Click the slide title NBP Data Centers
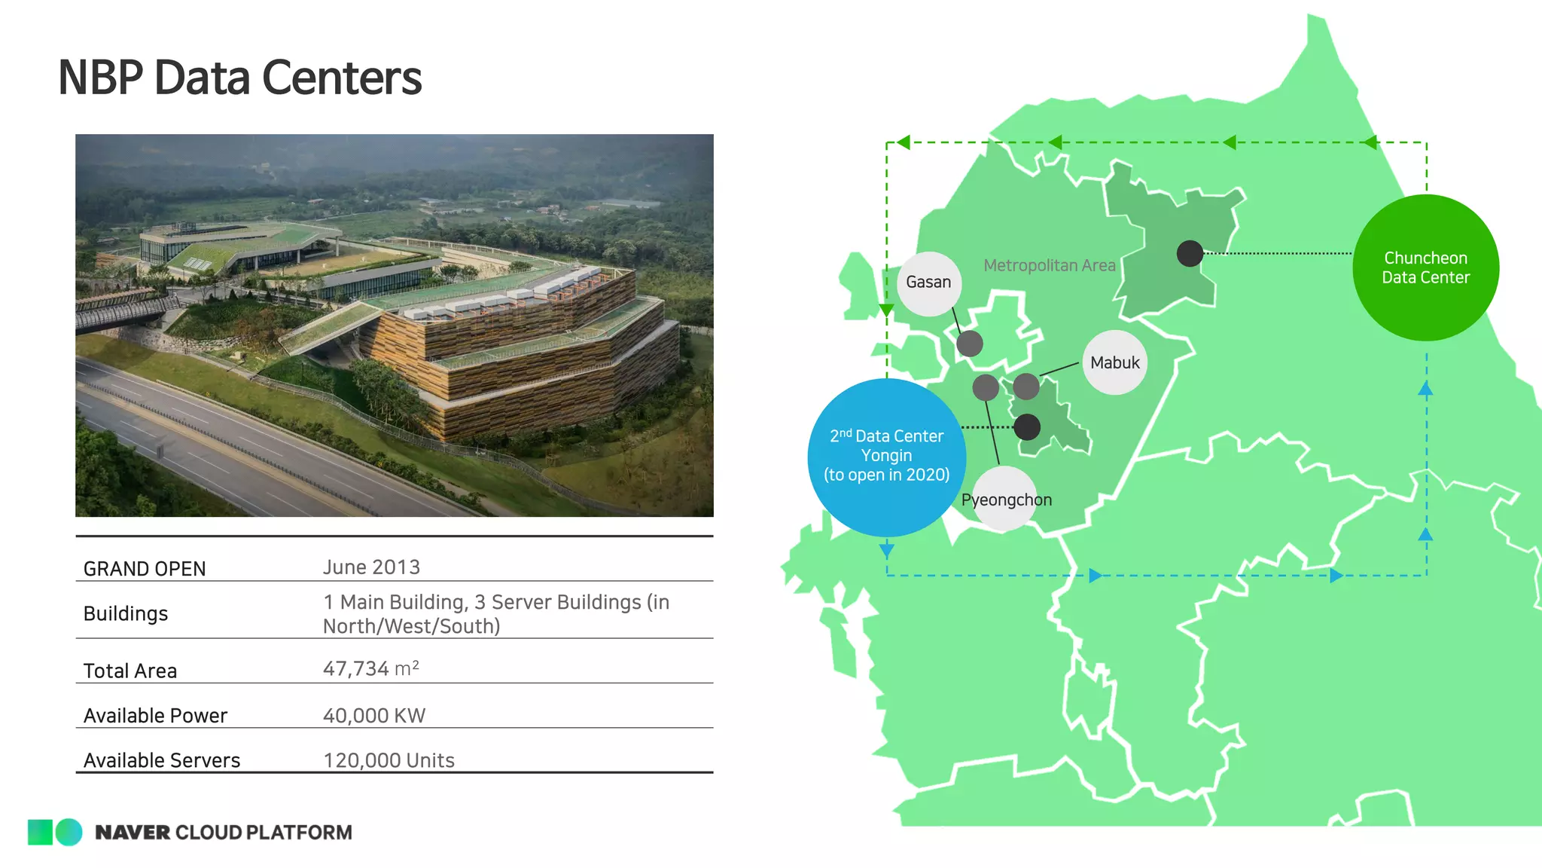click(239, 78)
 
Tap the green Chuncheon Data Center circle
click(1425, 267)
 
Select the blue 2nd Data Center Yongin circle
click(886, 457)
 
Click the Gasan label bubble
click(929, 283)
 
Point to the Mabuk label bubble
click(1115, 362)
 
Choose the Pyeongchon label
click(1006, 500)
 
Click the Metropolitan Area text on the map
click(1049, 265)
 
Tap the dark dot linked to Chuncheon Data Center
click(1190, 253)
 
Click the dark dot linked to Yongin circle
click(1027, 427)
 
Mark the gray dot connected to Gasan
click(970, 344)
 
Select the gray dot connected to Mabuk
click(1026, 387)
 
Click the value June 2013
click(371, 567)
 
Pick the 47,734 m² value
click(370, 668)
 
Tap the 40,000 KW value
click(374, 715)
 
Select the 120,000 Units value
click(389, 760)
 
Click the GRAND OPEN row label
click(145, 569)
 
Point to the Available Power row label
click(155, 715)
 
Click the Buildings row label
click(126, 613)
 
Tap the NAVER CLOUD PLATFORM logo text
click(224, 832)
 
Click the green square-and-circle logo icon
click(55, 832)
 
